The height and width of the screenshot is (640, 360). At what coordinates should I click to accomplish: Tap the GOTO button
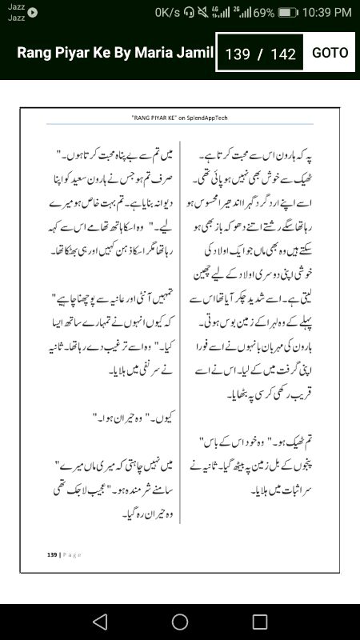pos(330,53)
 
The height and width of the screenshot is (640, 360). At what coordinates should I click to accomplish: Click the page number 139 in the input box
pos(238,54)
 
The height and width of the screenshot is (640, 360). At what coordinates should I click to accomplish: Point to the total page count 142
pos(284,54)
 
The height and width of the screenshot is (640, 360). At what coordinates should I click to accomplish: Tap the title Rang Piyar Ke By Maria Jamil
pos(115,53)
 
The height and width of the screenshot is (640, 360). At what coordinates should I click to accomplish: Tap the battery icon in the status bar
pos(288,13)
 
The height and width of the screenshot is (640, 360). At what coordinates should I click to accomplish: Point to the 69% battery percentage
pos(264,13)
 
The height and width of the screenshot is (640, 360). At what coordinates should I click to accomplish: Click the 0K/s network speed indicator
pos(167,13)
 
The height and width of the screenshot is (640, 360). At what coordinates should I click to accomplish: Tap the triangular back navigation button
pos(100,622)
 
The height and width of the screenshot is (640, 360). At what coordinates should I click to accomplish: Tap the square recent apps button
pos(260,622)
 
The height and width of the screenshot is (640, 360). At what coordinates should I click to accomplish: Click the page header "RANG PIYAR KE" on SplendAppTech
pos(180,116)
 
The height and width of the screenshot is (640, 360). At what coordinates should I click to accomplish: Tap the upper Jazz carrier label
pos(16,6)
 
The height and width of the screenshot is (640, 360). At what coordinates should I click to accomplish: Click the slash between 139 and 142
pos(260,54)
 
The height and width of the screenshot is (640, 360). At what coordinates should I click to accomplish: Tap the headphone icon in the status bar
pos(188,13)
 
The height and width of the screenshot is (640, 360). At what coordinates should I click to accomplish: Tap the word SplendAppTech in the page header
pos(206,116)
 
